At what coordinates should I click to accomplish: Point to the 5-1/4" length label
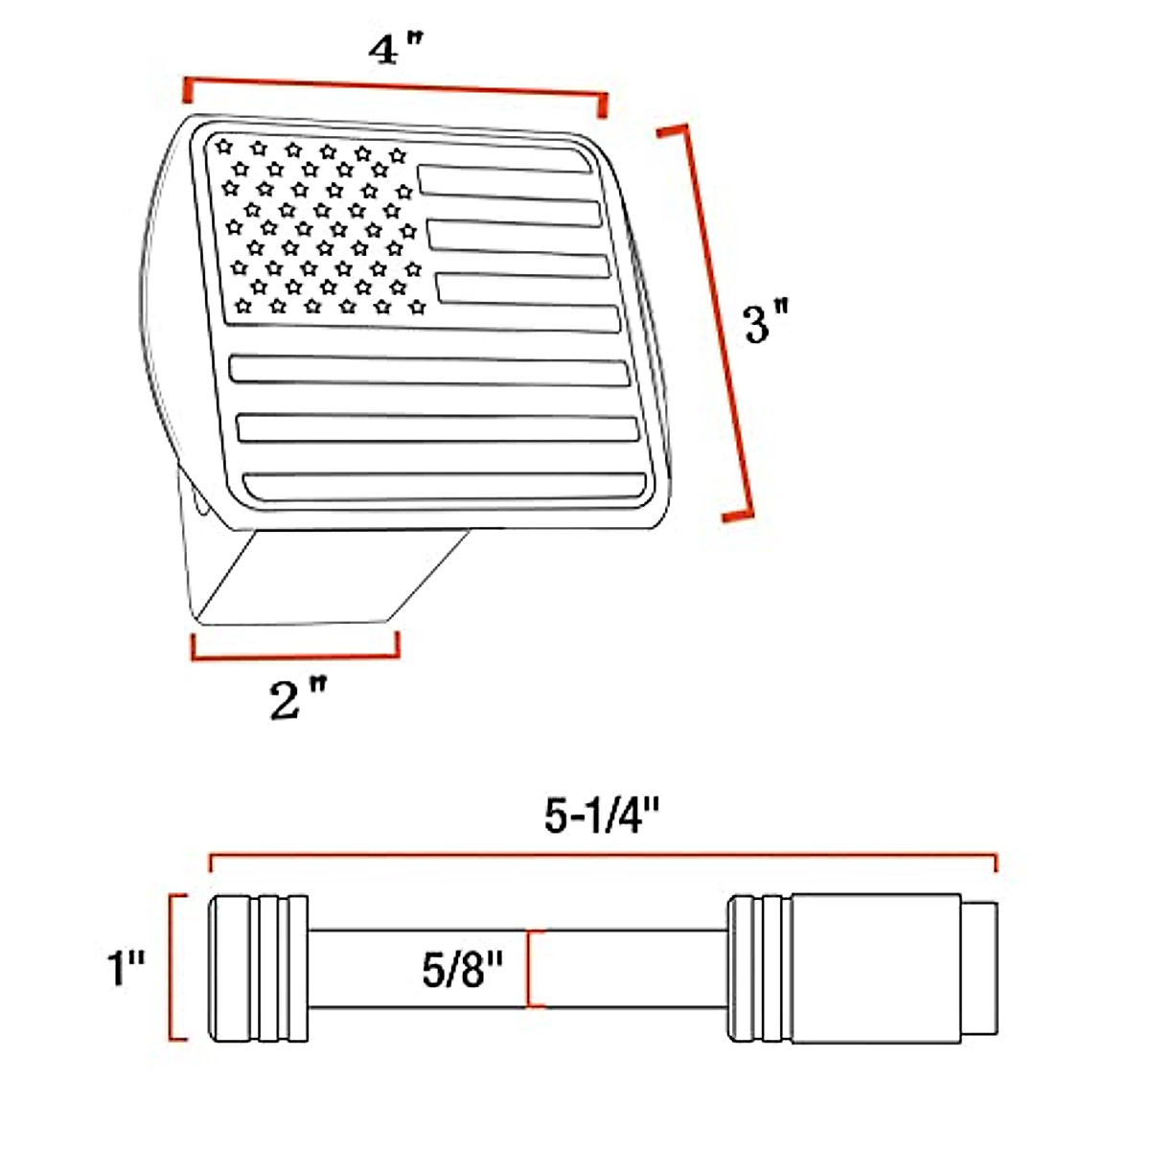(603, 816)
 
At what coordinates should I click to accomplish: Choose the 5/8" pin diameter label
(462, 970)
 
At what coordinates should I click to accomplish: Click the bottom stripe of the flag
(446, 487)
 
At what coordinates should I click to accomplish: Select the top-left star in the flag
(224, 147)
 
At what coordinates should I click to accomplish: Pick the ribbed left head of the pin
(259, 968)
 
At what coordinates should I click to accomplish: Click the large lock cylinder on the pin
(874, 968)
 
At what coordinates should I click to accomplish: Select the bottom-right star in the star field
(417, 308)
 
